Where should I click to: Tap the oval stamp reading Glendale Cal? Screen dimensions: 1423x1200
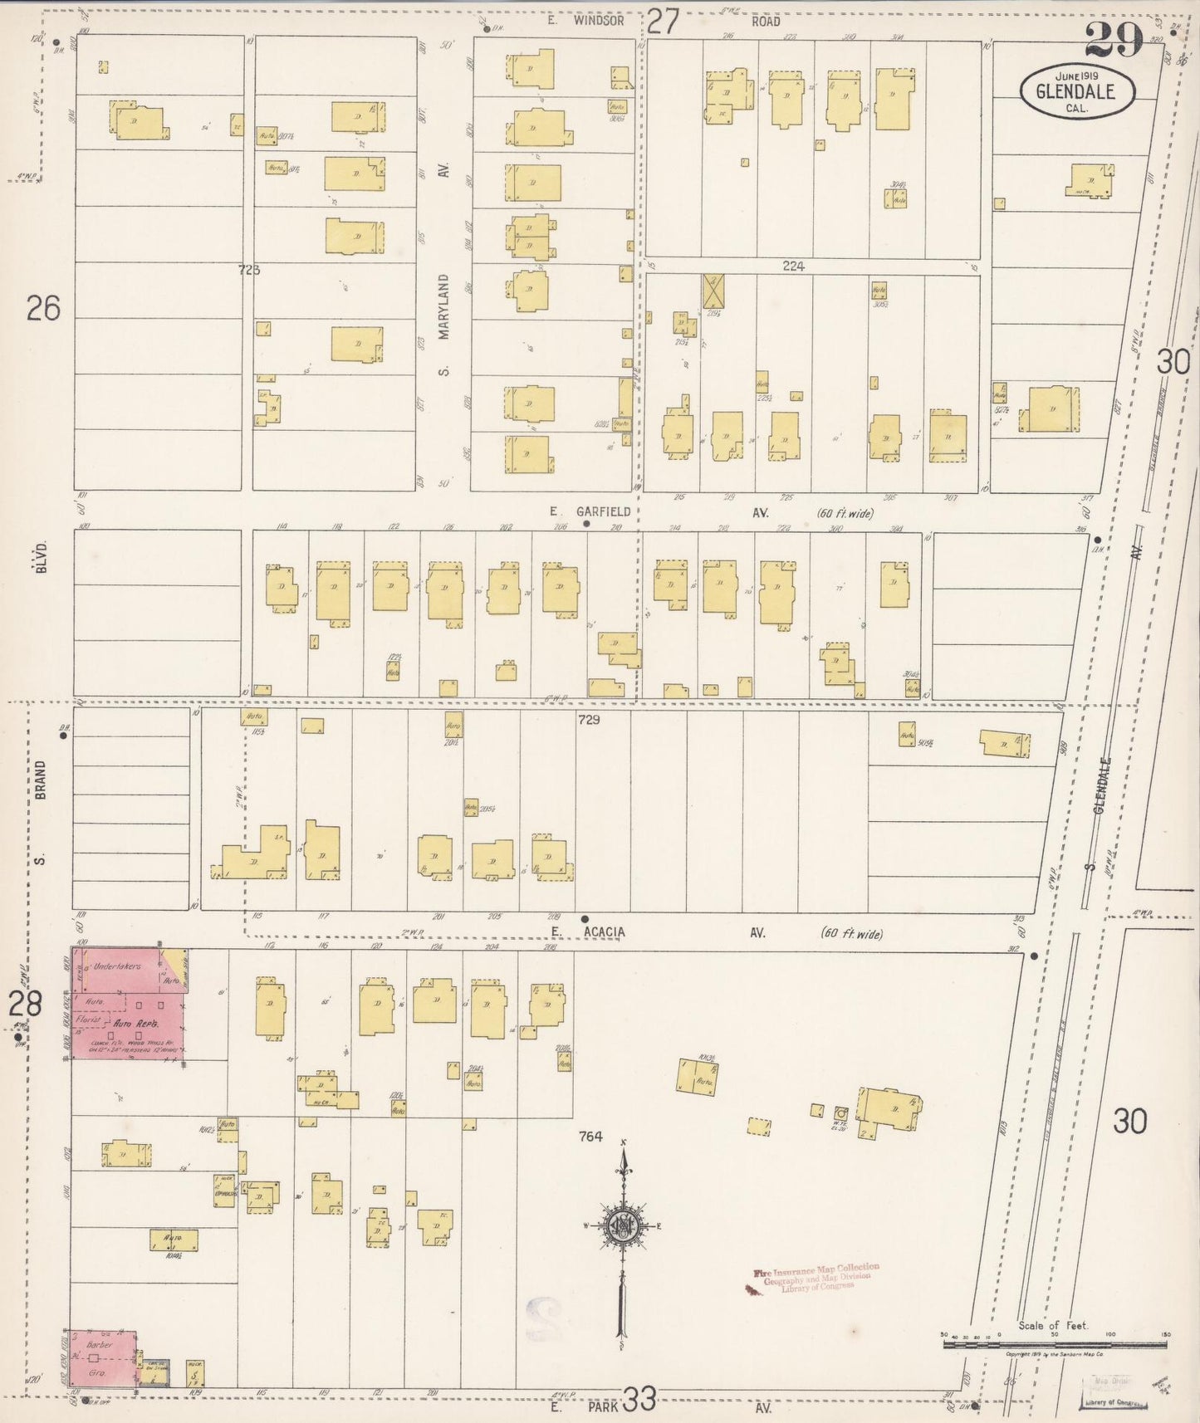[1076, 92]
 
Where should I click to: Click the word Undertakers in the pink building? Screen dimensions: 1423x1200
[116, 966]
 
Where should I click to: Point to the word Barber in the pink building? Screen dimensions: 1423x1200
[100, 1343]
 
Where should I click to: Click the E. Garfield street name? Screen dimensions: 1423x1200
[590, 512]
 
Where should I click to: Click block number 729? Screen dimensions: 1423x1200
[589, 720]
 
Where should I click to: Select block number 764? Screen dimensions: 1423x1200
[591, 1137]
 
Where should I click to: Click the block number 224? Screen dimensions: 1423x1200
[793, 267]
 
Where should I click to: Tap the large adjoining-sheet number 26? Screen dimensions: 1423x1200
[43, 310]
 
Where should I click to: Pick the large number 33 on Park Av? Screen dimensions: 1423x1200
[640, 1401]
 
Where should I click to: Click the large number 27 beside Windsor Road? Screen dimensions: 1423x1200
[664, 21]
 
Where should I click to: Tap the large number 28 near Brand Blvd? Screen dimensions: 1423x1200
[25, 1005]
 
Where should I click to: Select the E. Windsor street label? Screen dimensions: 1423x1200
[585, 22]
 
